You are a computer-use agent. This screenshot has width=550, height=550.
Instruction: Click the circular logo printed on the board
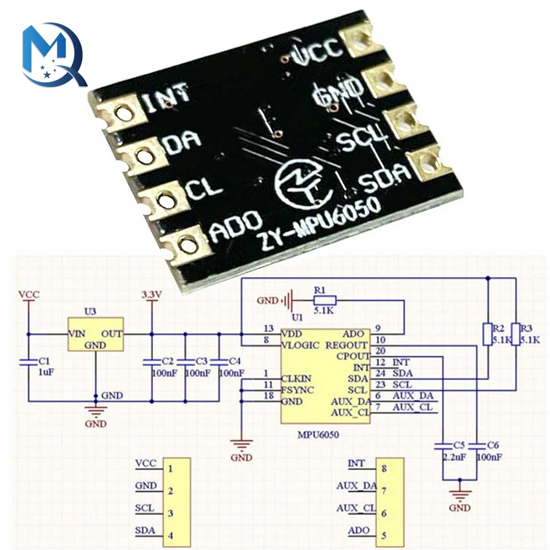click(301, 184)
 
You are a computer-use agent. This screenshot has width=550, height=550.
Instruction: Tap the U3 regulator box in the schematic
click(95, 334)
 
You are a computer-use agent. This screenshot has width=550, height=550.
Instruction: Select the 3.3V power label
click(151, 295)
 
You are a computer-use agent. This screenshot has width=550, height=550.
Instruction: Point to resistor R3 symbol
click(515, 334)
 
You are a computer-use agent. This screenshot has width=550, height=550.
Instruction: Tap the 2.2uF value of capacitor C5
click(451, 457)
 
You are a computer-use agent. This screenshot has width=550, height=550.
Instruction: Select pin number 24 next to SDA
click(378, 373)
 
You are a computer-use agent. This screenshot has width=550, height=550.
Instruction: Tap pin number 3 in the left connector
click(171, 513)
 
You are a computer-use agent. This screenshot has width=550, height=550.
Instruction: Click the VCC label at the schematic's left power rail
click(29, 295)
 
